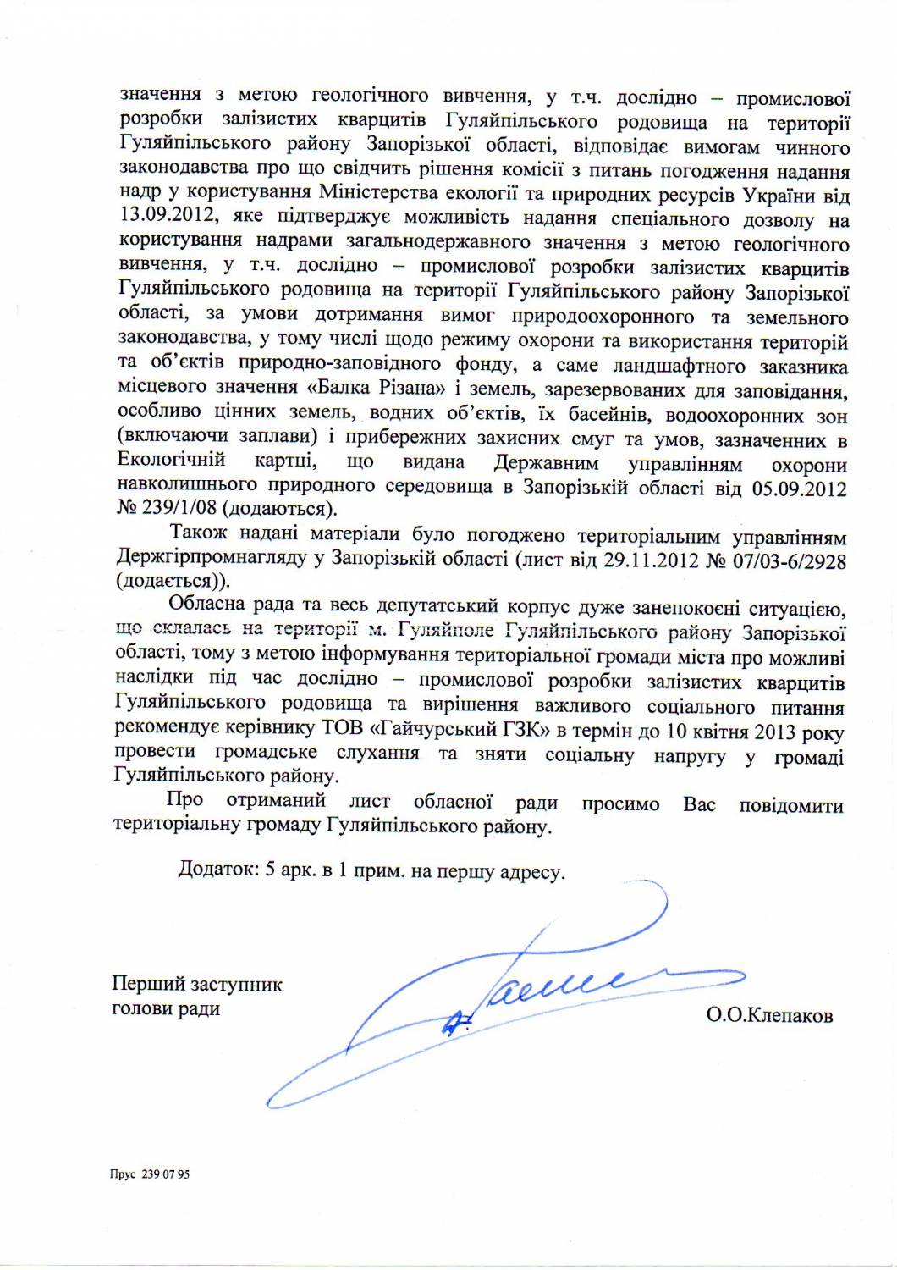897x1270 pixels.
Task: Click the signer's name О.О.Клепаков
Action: [x=769, y=1014]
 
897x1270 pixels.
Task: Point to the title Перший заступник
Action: [x=197, y=984]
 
